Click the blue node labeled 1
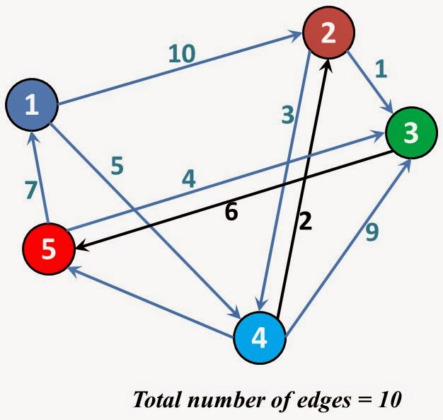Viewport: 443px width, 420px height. pyautogui.click(x=31, y=106)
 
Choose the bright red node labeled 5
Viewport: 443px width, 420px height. pyautogui.click(x=47, y=249)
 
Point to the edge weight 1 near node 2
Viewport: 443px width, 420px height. pyautogui.click(x=381, y=68)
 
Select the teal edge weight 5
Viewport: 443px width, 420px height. pyautogui.click(x=117, y=164)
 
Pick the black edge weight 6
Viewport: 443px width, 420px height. pyautogui.click(x=230, y=211)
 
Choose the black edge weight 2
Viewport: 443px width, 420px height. pyautogui.click(x=305, y=222)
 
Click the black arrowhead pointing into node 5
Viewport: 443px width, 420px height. pyautogui.click(x=80, y=246)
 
